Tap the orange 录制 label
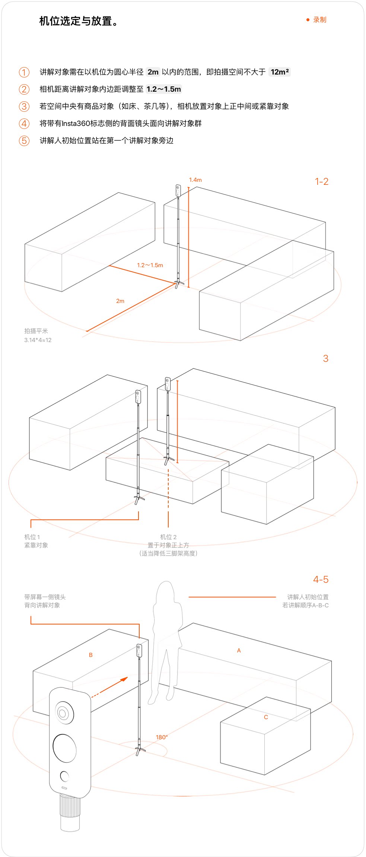pos(319,20)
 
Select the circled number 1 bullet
pos(24,72)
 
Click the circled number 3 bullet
pos(24,106)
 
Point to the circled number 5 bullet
pos(24,140)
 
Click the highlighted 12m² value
pos(280,72)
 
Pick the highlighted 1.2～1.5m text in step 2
pos(163,89)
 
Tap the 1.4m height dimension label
pos(195,180)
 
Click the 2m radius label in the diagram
pos(120,301)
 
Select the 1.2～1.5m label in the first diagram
pos(150,265)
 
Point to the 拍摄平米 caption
pos(36,331)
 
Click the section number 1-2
pos(321,181)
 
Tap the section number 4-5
pos(321,579)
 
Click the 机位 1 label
pos(32,537)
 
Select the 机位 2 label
pos(168,537)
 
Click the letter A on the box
pos(239,651)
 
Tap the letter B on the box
pos(90,655)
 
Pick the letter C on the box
pos(266,717)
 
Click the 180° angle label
pos(162,737)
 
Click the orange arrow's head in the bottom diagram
pos(124,679)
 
